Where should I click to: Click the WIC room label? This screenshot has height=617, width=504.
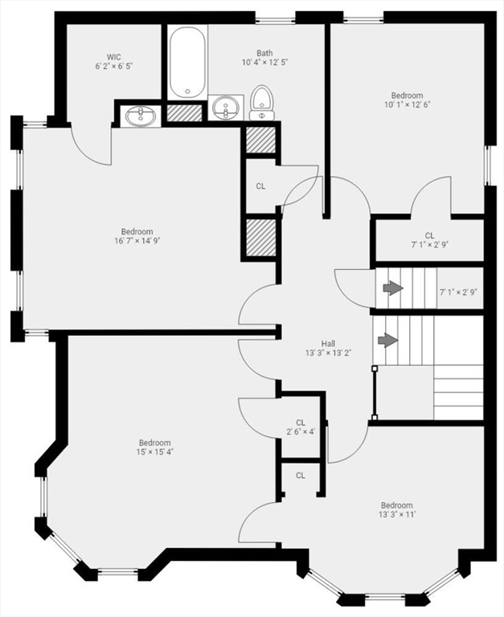[113, 56]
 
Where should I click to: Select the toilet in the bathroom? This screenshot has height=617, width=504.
[261, 104]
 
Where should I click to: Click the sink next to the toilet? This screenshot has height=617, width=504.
[227, 108]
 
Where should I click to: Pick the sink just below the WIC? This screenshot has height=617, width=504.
[142, 116]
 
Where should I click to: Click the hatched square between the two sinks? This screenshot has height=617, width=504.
[184, 112]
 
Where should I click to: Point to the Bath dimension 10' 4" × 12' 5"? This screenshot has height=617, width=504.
[264, 63]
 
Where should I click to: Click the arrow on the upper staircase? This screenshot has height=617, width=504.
[392, 288]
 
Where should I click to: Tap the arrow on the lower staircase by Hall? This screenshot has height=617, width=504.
[387, 340]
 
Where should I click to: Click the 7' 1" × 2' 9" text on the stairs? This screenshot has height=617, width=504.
[459, 292]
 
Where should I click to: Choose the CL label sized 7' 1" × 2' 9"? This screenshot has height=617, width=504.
[429, 235]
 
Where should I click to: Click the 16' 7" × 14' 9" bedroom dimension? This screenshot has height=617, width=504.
[137, 241]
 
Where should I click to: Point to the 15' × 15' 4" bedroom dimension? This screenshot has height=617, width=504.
[154, 452]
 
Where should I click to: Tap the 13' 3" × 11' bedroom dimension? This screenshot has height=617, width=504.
[397, 516]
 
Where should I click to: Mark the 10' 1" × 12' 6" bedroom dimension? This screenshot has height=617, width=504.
[407, 104]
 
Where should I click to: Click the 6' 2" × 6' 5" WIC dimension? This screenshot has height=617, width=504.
[113, 66]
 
